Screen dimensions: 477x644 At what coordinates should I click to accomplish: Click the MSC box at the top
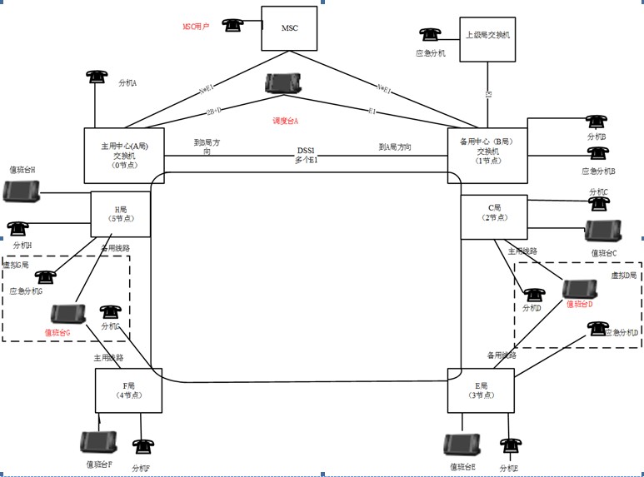(290, 29)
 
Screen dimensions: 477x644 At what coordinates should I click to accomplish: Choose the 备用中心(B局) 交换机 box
(487, 155)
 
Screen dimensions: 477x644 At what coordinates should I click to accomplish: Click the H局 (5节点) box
(120, 213)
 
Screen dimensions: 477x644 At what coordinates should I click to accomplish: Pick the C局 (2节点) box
(494, 213)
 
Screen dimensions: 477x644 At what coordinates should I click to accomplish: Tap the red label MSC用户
(197, 27)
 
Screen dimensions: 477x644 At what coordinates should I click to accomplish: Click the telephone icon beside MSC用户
(232, 26)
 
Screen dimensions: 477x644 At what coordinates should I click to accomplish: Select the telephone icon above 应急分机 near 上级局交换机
(430, 35)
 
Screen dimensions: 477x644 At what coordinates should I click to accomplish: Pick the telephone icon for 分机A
(97, 76)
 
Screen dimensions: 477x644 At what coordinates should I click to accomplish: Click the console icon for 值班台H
(21, 191)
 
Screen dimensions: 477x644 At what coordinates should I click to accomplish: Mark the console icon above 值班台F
(97, 442)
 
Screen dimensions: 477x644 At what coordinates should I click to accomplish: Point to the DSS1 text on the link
(306, 150)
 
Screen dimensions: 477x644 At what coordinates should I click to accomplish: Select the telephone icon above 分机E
(507, 447)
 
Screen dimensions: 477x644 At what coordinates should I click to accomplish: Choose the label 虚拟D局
(623, 275)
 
